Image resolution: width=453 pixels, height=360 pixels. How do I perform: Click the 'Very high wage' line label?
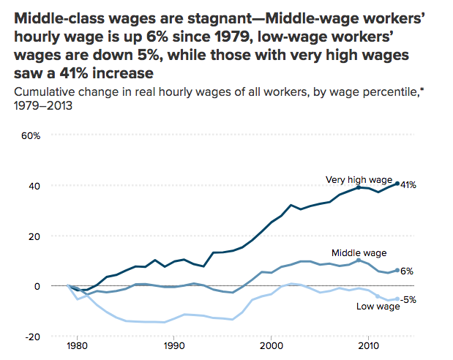[x=359, y=179]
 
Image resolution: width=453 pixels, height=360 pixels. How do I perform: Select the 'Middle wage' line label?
[x=359, y=252]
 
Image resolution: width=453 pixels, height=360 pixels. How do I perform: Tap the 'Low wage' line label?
[x=378, y=306]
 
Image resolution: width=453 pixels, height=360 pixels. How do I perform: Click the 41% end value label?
[x=408, y=185]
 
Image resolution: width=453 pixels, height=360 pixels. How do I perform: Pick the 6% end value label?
[x=406, y=271]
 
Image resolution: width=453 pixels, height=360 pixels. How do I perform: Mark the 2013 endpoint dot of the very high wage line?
[x=397, y=184]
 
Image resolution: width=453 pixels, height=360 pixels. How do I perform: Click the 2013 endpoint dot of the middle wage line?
[x=397, y=270]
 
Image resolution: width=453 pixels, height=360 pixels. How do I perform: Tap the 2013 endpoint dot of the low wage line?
[x=397, y=299]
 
